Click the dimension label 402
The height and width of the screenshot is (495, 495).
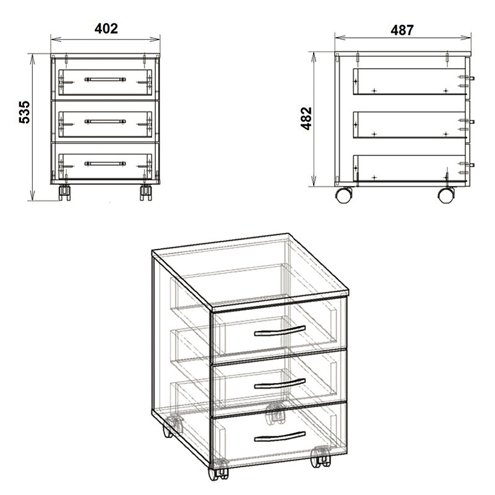106,28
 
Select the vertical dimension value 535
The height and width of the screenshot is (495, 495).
24,112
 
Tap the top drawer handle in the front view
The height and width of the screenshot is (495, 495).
105,80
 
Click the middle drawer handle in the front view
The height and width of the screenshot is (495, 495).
105,122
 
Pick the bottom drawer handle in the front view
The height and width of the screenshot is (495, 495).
105,164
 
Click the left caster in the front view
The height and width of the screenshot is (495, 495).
64,192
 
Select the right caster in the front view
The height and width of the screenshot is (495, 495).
145,192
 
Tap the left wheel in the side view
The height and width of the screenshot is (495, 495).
344,195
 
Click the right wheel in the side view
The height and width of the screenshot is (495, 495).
445,195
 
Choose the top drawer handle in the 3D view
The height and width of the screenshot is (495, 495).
280,330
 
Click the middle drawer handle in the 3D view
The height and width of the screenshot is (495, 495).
280,382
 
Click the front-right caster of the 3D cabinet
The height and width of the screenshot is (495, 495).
321,458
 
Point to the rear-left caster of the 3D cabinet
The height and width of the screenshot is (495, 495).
173,427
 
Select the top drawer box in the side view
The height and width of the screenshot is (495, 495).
408,81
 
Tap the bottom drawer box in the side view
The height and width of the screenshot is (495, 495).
408,168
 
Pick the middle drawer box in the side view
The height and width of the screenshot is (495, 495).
408,124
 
